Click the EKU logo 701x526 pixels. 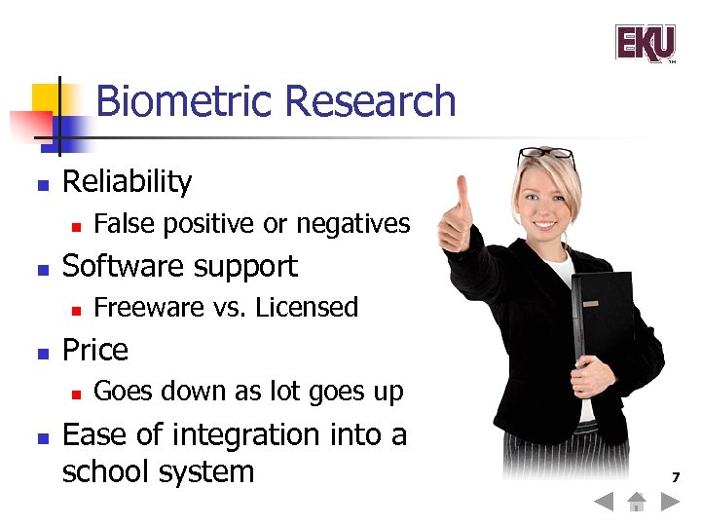pyautogui.click(x=645, y=43)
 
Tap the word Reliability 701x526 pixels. pyautogui.click(x=127, y=181)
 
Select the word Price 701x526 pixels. pyautogui.click(x=94, y=350)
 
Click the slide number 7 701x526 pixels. pyautogui.click(x=675, y=477)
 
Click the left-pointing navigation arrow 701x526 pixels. pyautogui.click(x=604, y=504)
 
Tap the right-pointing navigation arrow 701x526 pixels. pyautogui.click(x=670, y=504)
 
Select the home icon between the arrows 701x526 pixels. pyautogui.click(x=637, y=503)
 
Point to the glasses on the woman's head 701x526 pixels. pyautogui.click(x=546, y=154)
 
